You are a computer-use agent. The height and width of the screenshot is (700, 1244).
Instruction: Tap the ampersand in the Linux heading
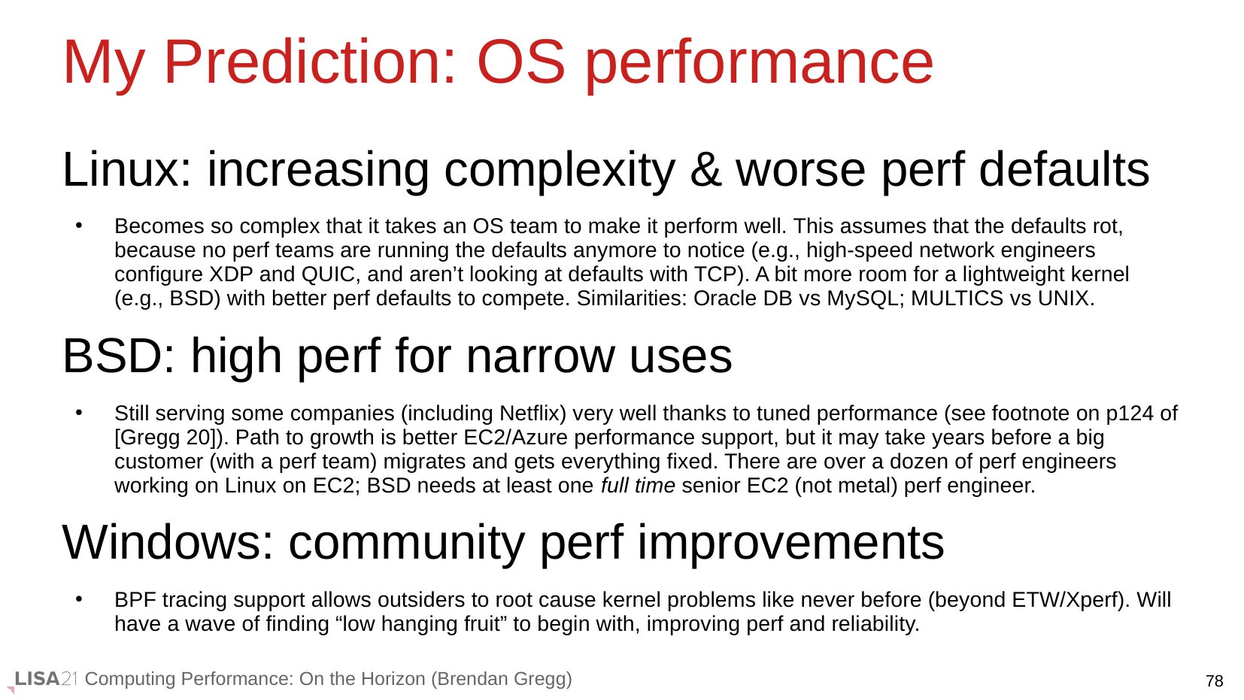pos(705,169)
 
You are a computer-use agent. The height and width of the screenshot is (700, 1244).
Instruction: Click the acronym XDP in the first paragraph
pos(231,274)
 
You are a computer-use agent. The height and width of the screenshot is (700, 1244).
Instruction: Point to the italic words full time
pos(638,486)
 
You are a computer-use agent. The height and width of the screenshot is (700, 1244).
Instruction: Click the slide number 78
pos(1215,681)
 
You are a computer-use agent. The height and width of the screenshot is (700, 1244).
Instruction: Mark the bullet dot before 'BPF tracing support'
pos(79,599)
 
